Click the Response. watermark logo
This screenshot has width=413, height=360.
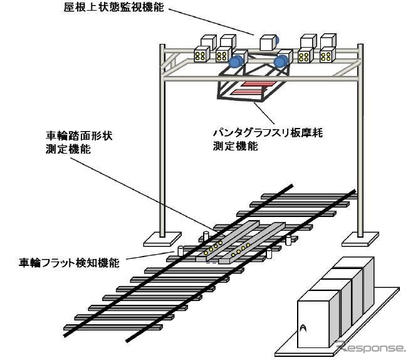pos(370,347)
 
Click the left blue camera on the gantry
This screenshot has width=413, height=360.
pos(236,61)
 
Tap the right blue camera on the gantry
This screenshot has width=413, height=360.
pos(282,61)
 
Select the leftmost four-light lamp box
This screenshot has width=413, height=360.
pos(202,56)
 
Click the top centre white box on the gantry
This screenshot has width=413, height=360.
pos(268,42)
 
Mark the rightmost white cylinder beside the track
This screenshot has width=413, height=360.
pos(288,240)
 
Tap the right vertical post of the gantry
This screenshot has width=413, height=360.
pos(359,144)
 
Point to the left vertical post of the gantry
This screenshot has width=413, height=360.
pos(162,144)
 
